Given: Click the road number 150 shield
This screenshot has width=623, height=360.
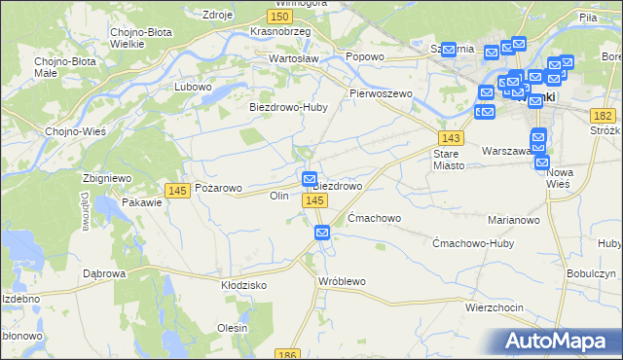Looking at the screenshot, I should tap(280, 18).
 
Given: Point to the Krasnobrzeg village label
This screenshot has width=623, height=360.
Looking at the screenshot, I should tap(279, 31).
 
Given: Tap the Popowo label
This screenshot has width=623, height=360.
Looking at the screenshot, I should tap(365, 57).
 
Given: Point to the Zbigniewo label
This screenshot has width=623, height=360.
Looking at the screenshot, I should tap(107, 178).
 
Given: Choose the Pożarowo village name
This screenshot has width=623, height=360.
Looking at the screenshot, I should tap(219, 188).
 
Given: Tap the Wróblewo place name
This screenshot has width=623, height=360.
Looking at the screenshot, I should tap(342, 281).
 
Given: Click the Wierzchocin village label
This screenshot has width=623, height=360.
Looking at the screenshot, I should tap(494, 307).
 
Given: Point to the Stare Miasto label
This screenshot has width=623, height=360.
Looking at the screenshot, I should tap(452, 159).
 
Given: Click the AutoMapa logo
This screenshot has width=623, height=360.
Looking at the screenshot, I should tap(559, 342).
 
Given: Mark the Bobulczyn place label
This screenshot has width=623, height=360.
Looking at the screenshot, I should tap(590, 274).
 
